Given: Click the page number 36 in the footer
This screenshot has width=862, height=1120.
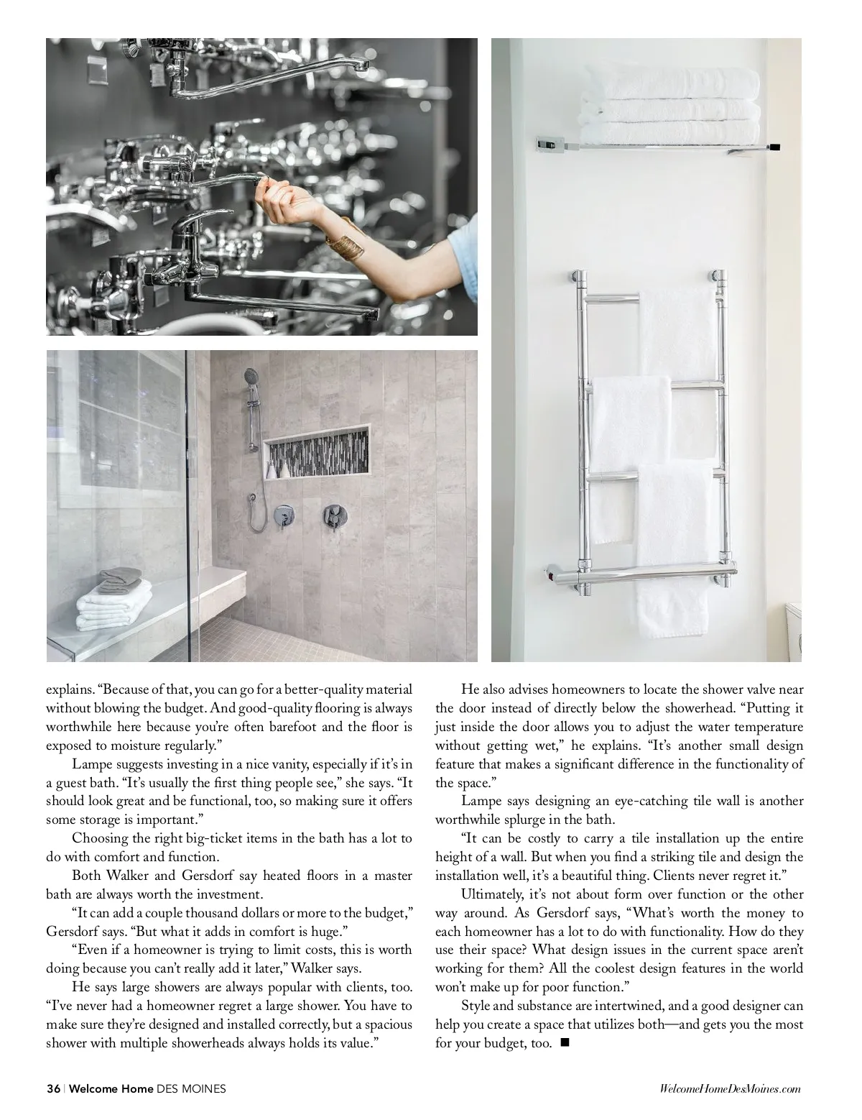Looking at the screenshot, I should (x=53, y=1089).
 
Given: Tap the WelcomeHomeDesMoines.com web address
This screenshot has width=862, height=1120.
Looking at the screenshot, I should (x=729, y=1090).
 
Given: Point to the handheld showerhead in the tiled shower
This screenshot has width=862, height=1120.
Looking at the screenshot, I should (x=251, y=377).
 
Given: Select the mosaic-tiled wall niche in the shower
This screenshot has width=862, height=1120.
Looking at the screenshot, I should (x=317, y=452).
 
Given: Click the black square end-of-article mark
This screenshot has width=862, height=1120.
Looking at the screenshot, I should (x=563, y=1042).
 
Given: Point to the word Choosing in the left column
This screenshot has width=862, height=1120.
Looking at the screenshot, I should (x=97, y=838).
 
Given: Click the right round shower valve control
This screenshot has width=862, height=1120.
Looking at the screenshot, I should (x=334, y=514).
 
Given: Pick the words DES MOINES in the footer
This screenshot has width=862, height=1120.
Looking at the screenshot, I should (x=191, y=1089).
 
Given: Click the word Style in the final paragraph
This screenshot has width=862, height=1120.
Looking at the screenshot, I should (x=475, y=1006).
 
